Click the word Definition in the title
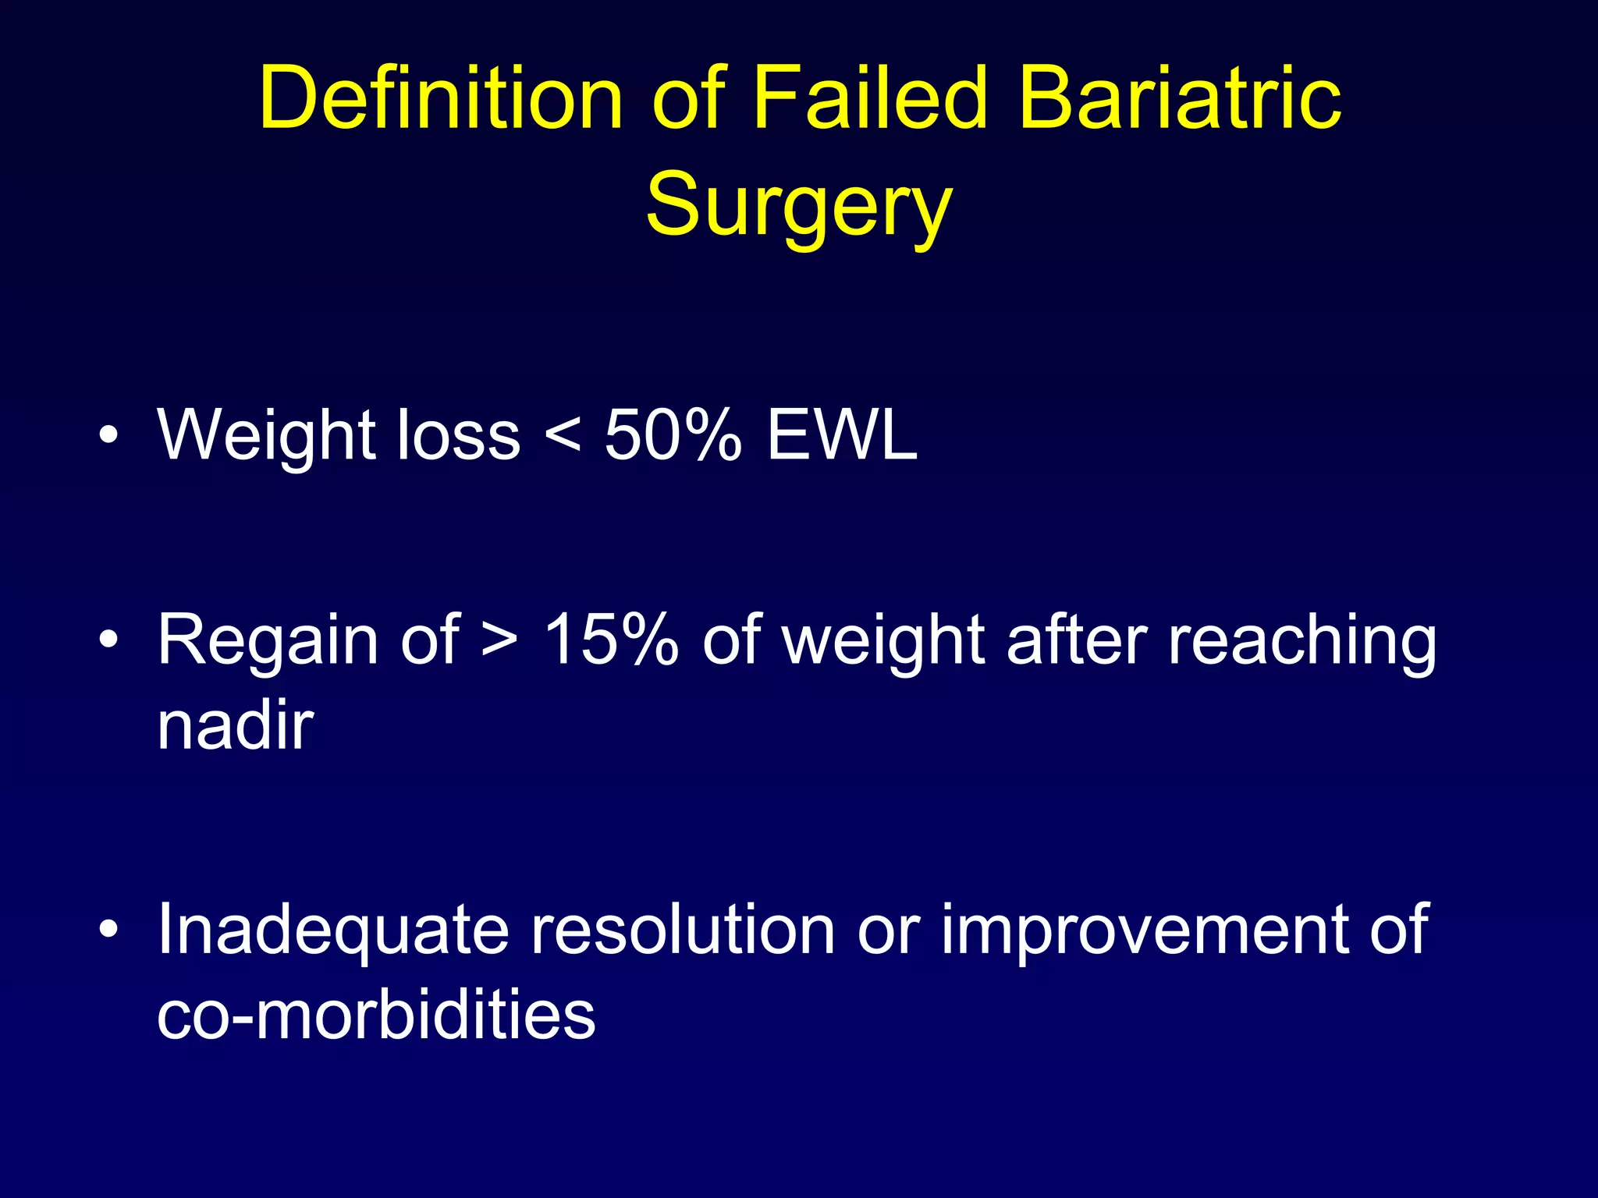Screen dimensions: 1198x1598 441,98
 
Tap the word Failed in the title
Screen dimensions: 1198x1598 870,98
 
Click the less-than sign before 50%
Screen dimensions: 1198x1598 562,434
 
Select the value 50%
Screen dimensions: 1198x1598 673,434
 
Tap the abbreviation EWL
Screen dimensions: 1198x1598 842,434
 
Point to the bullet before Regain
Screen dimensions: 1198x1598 109,640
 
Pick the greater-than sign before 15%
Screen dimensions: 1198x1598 499,640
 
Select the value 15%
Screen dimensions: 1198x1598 610,640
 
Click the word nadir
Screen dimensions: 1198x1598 235,725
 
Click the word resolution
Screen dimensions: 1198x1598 683,930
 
